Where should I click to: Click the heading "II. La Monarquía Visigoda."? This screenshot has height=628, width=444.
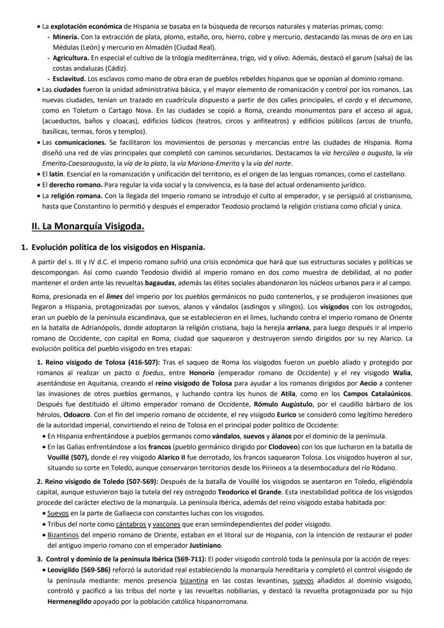point(88,226)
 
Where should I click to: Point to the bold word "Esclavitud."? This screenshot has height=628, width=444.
point(70,79)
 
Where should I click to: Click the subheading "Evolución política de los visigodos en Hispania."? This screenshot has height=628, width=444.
point(118,247)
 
